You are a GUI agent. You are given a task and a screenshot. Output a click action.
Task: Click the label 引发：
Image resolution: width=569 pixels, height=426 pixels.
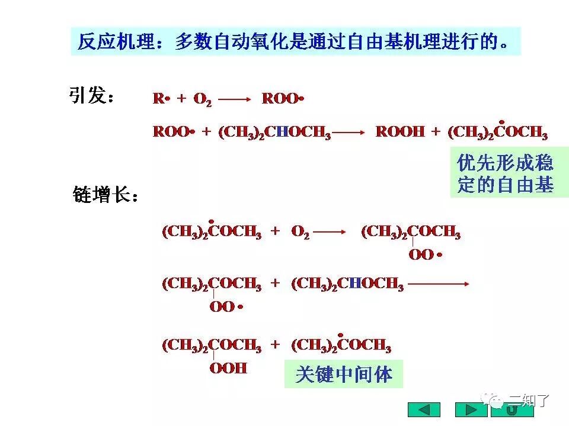pos(92,96)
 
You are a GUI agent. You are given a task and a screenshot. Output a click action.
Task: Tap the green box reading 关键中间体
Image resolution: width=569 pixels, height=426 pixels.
pos(344,374)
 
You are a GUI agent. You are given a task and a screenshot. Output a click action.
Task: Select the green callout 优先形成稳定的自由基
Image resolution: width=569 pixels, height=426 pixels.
pos(505,173)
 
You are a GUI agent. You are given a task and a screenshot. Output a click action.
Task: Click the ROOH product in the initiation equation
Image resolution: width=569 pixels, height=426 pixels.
pos(400,132)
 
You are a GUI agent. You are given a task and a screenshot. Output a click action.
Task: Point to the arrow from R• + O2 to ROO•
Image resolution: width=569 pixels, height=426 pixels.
pos(235,100)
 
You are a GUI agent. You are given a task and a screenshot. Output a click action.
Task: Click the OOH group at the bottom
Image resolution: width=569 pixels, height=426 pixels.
pos(228,368)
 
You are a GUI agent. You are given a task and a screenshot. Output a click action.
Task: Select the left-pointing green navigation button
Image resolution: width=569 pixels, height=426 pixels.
pos(424,409)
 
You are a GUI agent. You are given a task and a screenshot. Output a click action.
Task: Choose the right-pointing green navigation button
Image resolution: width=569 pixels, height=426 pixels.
pos(471,409)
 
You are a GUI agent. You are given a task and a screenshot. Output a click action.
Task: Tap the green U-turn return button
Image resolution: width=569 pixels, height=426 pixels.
pos(512,409)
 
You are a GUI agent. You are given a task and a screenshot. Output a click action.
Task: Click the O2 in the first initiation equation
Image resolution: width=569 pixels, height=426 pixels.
pos(202,100)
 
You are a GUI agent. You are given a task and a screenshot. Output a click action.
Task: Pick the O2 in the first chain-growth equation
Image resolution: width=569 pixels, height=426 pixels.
pos(300,233)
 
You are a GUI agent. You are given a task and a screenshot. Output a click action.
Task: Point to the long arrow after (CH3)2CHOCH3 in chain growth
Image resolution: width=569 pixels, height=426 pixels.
pos(439,285)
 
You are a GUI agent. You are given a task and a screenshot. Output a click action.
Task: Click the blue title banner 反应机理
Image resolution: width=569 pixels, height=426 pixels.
pos(295,41)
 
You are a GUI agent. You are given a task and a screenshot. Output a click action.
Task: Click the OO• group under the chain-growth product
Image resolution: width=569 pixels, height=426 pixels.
pos(426,255)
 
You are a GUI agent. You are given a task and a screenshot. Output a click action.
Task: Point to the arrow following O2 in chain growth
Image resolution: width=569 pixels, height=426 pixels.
pos(330,233)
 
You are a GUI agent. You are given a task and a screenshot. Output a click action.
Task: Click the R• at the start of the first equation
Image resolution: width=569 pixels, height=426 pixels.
pos(161,99)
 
